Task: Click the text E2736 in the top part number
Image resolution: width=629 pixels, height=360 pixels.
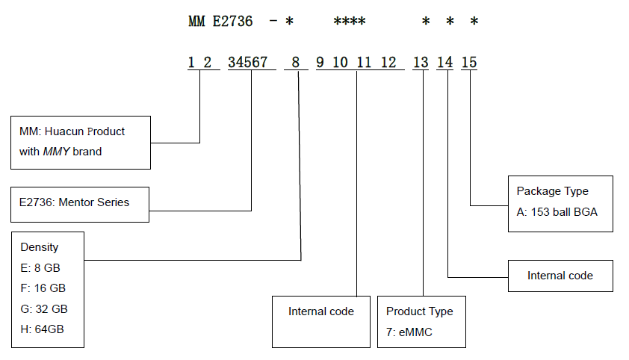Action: coord(232,22)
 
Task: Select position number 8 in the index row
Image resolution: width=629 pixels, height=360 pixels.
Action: coord(295,63)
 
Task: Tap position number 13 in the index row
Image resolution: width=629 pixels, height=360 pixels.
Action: coord(421,63)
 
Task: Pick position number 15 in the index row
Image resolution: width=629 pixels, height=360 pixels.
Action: coord(469,63)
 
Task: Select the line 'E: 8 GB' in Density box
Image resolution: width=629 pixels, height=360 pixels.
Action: coord(40,267)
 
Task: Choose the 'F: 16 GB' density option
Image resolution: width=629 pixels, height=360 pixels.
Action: coord(43,288)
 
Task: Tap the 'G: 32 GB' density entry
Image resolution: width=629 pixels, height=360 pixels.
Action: coord(43,308)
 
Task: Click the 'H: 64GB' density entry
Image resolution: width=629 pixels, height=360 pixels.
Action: coord(41,329)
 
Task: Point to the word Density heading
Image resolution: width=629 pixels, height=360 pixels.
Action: coord(39,247)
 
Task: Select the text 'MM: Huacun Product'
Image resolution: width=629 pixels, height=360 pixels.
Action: coord(72,131)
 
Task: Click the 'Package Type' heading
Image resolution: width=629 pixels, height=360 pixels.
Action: coord(553,192)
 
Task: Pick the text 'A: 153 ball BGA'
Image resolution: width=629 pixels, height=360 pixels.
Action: coord(557,212)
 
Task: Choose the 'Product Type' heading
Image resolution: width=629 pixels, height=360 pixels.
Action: coord(419,311)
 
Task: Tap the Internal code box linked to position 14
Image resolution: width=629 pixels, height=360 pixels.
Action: coord(560,276)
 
